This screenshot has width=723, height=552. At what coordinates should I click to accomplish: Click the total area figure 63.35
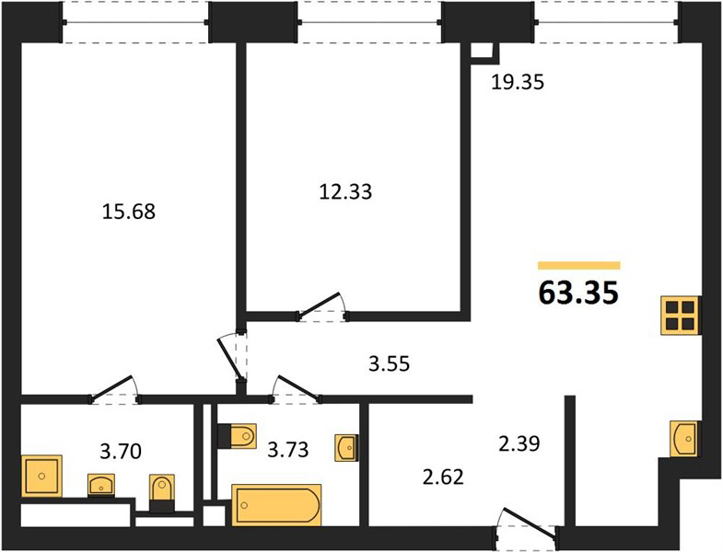tap(578, 293)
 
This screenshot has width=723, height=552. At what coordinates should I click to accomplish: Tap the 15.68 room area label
tap(129, 212)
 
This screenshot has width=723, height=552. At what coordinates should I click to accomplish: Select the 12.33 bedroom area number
tap(345, 191)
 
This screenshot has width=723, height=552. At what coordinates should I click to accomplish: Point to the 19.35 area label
tap(518, 82)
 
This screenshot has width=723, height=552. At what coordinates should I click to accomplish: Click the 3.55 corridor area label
tap(390, 364)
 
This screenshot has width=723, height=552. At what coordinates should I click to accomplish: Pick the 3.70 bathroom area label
tap(121, 451)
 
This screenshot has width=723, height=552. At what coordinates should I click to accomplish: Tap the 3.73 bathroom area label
tap(288, 449)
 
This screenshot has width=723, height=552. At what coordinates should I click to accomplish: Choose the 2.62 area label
tap(443, 477)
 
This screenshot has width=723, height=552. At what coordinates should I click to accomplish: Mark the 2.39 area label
tap(519, 443)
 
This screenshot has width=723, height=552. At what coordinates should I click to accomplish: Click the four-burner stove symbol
tap(680, 316)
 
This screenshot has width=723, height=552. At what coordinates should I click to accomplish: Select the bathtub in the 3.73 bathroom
tap(276, 504)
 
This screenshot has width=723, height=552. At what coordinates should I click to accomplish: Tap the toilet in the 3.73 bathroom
tap(237, 435)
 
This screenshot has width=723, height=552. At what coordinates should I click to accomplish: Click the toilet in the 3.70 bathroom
tap(162, 493)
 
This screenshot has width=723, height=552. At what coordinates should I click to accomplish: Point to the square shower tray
tap(41, 476)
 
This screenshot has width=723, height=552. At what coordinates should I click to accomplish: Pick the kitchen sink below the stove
tap(684, 439)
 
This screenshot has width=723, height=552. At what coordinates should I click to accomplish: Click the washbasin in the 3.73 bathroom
tap(345, 447)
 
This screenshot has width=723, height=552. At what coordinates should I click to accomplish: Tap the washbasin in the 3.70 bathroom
tap(101, 485)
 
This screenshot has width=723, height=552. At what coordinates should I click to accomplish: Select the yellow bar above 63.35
tap(578, 265)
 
